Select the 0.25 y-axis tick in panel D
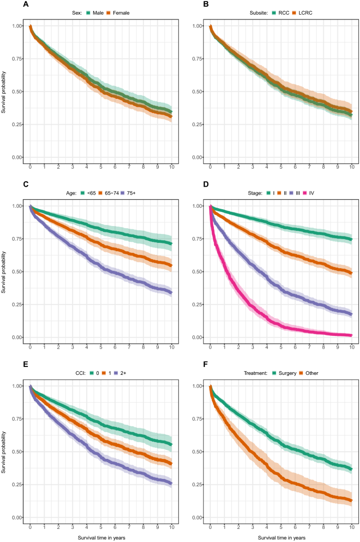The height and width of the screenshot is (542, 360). pos(199,305)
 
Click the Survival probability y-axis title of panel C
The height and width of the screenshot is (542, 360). pos(4,272)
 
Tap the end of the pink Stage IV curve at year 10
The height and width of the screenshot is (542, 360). pos(351,335)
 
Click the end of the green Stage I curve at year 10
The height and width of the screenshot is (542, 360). pos(351,239)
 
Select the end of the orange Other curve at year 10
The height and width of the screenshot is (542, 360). pos(351,500)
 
